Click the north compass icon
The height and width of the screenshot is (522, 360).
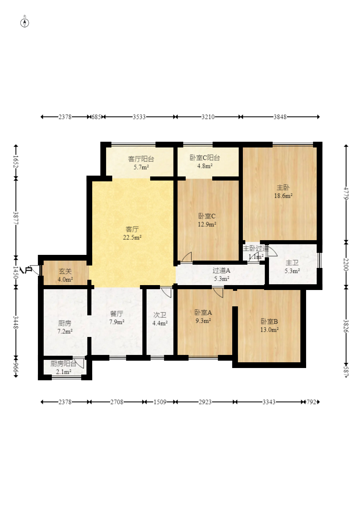click(25, 22)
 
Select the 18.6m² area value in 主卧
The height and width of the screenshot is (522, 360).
click(283, 196)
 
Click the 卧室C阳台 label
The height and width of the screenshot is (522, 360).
click(204, 158)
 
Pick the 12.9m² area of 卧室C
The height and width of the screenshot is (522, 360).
click(207, 224)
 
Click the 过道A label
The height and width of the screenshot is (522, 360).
click(222, 270)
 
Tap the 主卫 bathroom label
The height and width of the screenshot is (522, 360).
click(292, 263)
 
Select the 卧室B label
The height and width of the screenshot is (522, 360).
click(269, 321)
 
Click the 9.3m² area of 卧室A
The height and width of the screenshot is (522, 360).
click(203, 321)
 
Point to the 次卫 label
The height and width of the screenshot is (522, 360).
click(160, 315)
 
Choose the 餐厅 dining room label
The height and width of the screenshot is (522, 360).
click(117, 314)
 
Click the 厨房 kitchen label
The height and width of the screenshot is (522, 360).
click(64, 323)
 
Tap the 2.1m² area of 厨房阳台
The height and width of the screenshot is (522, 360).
click(64, 372)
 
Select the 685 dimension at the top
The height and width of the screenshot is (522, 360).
click(96, 117)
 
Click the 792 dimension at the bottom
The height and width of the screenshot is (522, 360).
click(311, 402)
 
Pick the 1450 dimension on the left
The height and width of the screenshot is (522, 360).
click(16, 272)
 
